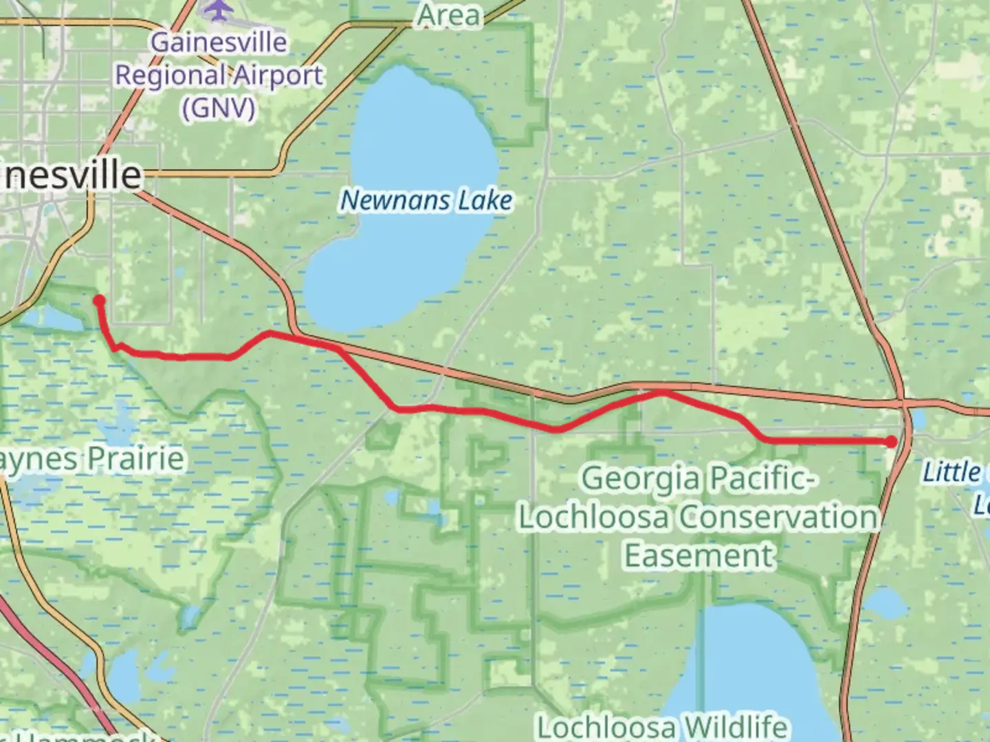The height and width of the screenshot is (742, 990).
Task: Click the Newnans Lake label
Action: tap(426, 201)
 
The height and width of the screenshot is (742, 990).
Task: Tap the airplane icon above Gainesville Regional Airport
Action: tap(219, 9)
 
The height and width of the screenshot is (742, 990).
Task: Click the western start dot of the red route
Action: tap(99, 300)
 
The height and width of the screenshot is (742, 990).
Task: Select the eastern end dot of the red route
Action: tap(892, 442)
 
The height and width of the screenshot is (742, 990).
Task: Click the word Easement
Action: tap(698, 555)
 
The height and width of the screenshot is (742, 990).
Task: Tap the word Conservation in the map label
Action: tap(779, 517)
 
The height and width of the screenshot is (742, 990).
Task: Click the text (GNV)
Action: tap(219, 108)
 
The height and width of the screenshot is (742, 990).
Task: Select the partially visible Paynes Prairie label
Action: tap(92, 458)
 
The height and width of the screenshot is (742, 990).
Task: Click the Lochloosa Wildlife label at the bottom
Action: tap(661, 727)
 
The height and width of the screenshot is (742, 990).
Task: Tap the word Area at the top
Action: tap(450, 15)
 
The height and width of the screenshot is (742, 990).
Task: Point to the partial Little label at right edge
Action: tap(953, 472)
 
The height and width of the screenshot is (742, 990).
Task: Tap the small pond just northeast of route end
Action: tap(918, 418)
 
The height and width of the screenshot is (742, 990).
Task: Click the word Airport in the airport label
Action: tap(278, 75)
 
